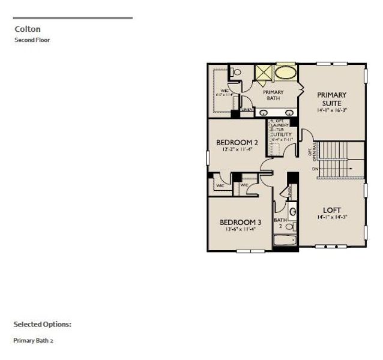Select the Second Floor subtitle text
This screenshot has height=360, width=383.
point(32,40)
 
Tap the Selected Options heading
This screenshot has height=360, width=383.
point(42,324)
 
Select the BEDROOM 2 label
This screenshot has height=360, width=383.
point(237,143)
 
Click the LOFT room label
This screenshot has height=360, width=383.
point(332,210)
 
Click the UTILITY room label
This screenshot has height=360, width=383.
point(282,135)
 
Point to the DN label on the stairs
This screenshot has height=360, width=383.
point(315,169)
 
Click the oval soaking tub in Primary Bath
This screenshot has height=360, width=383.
point(286,73)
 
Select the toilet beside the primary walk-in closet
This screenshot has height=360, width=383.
point(236,72)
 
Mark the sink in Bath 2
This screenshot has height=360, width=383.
point(292,211)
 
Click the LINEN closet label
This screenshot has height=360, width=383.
point(247,110)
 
